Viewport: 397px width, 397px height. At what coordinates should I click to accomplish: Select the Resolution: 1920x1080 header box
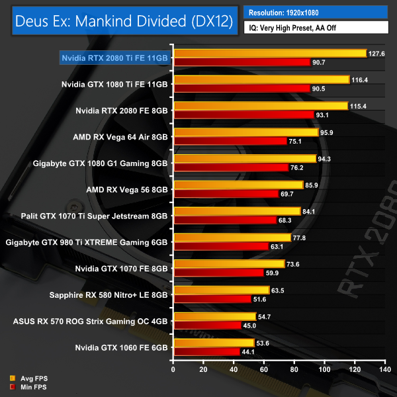click(315, 12)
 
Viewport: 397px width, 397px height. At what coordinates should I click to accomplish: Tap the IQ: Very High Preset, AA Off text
click(315, 29)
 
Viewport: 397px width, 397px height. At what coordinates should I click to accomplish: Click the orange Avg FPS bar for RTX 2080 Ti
click(269, 53)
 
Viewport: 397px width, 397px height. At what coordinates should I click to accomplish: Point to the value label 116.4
click(361, 79)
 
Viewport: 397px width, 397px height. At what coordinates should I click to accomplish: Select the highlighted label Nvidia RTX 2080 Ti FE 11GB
click(114, 58)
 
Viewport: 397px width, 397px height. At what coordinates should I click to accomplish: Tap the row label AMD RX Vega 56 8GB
click(127, 189)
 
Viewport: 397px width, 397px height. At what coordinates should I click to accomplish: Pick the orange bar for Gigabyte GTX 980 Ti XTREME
click(232, 238)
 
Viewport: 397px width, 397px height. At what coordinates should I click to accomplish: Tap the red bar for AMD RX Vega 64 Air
click(230, 141)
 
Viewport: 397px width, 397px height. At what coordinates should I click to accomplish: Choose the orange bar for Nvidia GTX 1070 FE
click(229, 263)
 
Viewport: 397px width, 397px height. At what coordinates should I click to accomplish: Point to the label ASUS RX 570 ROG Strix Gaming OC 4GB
click(91, 320)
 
